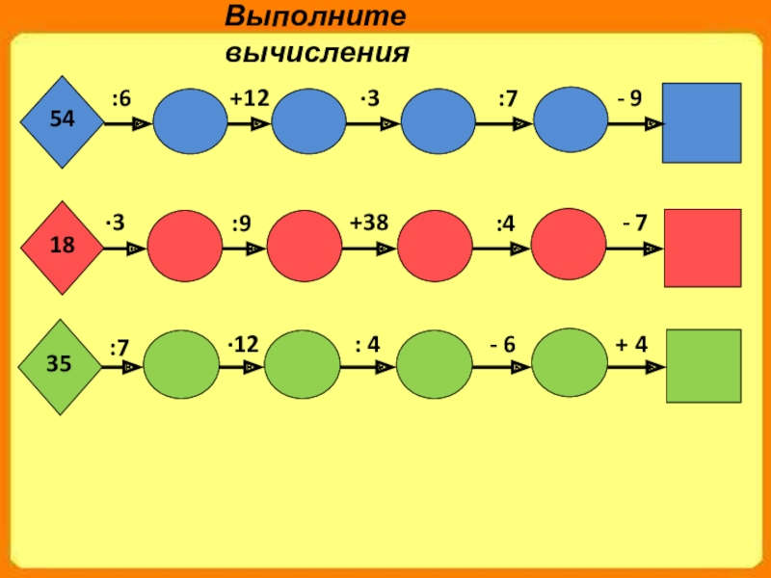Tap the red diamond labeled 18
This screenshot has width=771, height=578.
pyautogui.click(x=63, y=246)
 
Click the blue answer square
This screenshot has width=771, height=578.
pyautogui.click(x=703, y=122)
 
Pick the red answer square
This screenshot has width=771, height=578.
pyautogui.click(x=703, y=248)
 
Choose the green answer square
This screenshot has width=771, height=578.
pyautogui.click(x=705, y=366)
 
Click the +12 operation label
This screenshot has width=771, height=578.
pyautogui.click(x=250, y=97)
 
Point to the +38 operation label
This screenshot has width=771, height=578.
pyautogui.click(x=369, y=223)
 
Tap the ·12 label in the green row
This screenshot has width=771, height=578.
pyautogui.click(x=243, y=343)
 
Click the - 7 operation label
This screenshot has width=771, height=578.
pyautogui.click(x=634, y=223)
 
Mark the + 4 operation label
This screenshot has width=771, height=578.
pyautogui.click(x=632, y=343)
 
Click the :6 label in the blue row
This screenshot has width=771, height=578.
pyautogui.click(x=120, y=97)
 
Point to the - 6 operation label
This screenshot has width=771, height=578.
pyautogui.click(x=502, y=343)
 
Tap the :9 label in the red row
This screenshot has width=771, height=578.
pyautogui.click(x=241, y=224)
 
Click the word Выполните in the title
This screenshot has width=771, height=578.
pyautogui.click(x=314, y=16)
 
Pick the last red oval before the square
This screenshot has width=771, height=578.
pyautogui.click(x=568, y=246)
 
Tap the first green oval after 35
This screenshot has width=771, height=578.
pyautogui.click(x=181, y=366)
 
